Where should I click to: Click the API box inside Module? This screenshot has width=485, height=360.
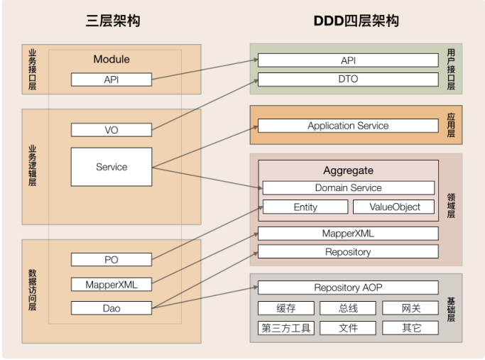pos(111,80)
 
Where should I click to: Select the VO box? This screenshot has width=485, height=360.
pos(111,130)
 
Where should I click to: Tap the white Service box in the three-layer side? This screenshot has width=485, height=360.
pos(111,167)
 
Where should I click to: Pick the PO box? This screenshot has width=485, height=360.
pos(111,260)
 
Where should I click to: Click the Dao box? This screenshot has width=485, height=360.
pos(111,308)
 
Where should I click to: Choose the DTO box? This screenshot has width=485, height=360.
pos(348,80)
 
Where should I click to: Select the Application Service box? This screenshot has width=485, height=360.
pos(348,126)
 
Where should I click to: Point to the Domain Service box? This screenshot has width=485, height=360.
pos(348,188)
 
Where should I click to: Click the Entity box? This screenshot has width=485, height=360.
pos(305,207)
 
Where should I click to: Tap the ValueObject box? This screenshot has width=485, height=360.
pos(396,207)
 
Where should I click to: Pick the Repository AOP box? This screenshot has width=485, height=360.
pos(348,288)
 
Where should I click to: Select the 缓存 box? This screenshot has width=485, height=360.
pos(286,308)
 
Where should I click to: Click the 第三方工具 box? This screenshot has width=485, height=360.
pos(286,328)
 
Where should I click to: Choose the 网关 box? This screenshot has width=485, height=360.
pos(410,308)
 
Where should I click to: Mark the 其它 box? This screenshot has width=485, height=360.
pos(410,328)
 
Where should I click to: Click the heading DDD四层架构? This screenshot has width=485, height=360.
pos(356,21)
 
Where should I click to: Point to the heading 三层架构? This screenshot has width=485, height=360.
pos(113,21)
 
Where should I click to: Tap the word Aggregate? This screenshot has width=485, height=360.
pos(348,171)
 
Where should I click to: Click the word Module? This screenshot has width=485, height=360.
pos(111,60)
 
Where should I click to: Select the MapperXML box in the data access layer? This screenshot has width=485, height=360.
pos(111,285)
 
